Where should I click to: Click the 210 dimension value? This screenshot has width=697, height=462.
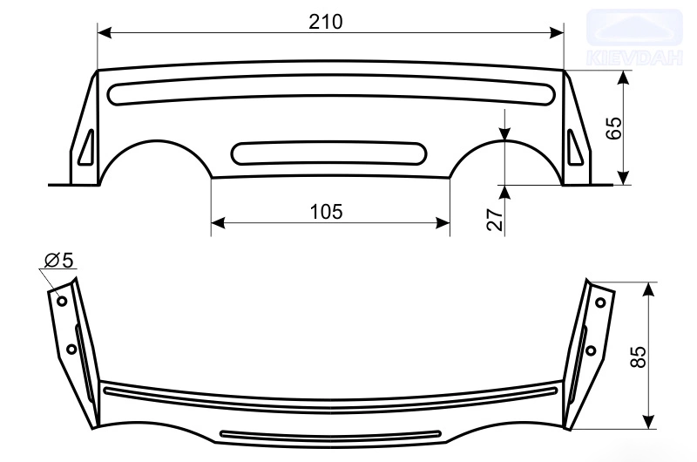(326, 21)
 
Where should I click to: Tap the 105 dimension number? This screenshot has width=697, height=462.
(326, 212)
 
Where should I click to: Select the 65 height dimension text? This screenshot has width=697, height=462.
(614, 128)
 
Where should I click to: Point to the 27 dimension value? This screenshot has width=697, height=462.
(495, 219)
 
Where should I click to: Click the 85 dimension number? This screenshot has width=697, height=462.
(639, 357)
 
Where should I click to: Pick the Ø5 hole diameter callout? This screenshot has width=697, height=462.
(58, 260)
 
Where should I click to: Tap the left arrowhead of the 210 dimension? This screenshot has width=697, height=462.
(105, 32)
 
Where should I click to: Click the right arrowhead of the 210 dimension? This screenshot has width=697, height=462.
(557, 32)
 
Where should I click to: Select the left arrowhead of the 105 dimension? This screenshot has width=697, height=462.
(219, 223)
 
